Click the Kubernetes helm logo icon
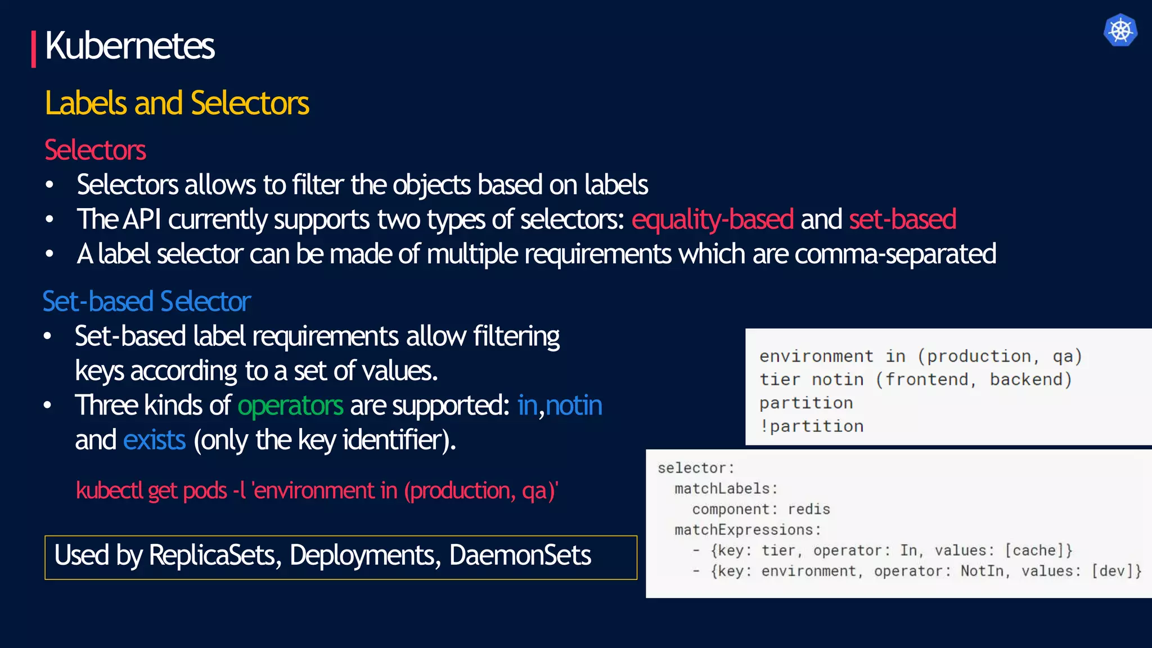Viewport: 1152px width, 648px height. coord(1120,30)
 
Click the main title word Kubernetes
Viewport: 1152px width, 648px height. coord(129,46)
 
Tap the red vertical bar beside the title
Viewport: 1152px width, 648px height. coord(34,49)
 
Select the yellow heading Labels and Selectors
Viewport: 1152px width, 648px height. coord(177,103)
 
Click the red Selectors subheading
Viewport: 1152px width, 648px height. coord(95,150)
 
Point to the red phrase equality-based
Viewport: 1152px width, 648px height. coord(712,219)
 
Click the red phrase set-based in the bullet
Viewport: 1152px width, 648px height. coord(902,219)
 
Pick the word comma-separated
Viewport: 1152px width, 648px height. coord(895,254)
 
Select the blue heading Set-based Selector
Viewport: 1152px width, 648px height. coord(146,301)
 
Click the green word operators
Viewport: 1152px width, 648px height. coord(290,406)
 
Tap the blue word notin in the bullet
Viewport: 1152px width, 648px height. coord(574,406)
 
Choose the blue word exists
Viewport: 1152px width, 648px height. coord(154,440)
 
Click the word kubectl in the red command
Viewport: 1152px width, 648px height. coord(109,490)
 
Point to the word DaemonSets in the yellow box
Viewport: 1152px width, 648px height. coord(520,556)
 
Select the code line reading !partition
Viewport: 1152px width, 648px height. coord(811,426)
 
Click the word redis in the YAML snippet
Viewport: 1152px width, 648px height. coord(808,509)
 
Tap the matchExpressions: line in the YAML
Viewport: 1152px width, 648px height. coord(748,530)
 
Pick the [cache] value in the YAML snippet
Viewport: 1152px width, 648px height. coord(1038,550)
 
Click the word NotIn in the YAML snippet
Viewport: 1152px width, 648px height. coord(982,571)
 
